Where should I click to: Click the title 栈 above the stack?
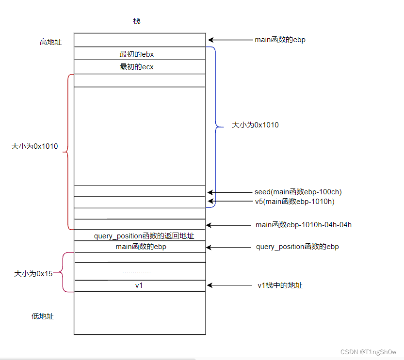tap(137, 21)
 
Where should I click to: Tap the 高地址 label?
tap(50, 42)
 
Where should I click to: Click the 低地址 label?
tap(43, 316)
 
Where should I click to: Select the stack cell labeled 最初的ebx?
tap(137, 54)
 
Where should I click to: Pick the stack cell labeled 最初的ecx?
tap(137, 67)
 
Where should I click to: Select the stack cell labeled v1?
tap(139, 286)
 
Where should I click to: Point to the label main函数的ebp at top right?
tap(280, 40)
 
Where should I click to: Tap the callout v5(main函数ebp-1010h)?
tap(294, 202)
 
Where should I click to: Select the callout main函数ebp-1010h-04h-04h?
tap(303, 225)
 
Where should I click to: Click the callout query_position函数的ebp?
tap(297, 247)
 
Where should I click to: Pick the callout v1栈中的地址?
tap(280, 285)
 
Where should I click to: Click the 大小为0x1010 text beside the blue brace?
tap(255, 125)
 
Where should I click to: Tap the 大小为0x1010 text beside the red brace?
tap(34, 146)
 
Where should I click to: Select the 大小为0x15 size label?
tap(32, 273)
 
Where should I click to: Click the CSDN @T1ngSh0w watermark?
tap(369, 352)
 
